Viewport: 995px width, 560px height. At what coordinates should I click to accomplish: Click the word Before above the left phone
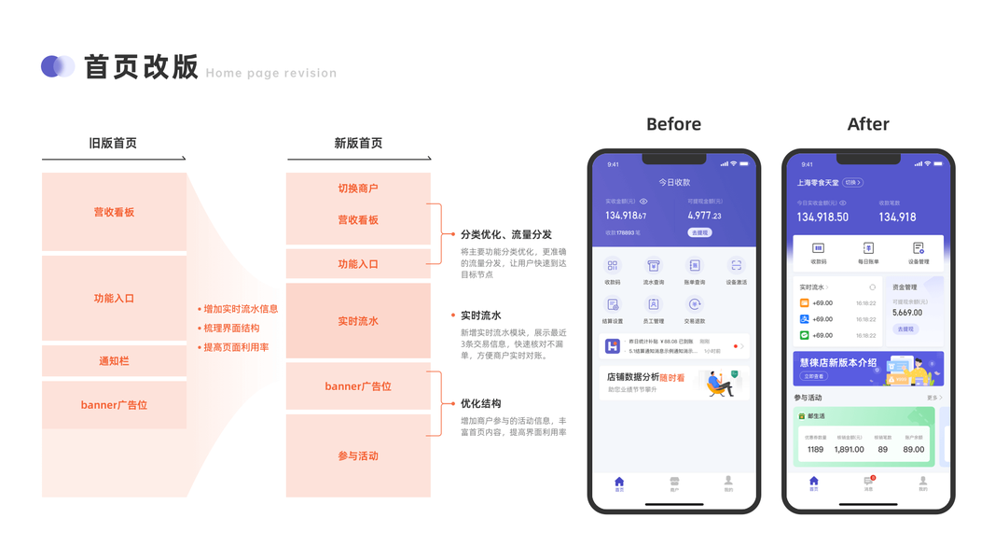point(673,124)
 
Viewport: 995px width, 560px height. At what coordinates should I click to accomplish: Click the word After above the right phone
point(868,124)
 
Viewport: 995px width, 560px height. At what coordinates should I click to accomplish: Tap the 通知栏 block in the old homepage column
point(114,360)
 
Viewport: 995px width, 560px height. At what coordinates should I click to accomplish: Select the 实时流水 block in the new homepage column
point(358,321)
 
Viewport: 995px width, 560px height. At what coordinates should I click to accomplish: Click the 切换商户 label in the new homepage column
point(358,189)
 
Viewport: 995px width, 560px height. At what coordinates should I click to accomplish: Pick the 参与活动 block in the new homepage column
point(358,455)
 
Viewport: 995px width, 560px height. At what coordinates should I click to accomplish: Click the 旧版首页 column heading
point(113,143)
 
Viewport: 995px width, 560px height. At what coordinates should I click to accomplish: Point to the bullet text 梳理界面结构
point(231,329)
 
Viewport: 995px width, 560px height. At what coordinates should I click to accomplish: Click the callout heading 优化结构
point(480,403)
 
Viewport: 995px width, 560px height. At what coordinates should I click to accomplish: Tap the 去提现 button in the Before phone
point(699,232)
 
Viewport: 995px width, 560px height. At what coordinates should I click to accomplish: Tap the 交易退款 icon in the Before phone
point(695,309)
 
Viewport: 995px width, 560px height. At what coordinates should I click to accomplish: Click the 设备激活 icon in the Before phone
point(736,271)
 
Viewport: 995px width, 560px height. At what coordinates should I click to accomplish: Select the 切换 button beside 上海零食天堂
point(852,183)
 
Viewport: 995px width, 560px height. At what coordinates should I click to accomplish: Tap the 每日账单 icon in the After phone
point(868,253)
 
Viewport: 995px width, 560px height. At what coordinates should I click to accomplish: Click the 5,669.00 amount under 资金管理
point(907,313)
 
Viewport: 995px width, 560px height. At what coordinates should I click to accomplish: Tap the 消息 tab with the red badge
point(868,483)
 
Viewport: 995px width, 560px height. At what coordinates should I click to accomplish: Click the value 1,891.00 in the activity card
point(849,449)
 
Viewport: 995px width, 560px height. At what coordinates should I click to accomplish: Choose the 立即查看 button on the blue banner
point(813,376)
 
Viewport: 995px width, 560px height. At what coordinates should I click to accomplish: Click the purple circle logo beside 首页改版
point(57,66)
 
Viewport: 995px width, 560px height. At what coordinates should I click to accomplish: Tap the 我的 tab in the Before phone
point(728,483)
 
